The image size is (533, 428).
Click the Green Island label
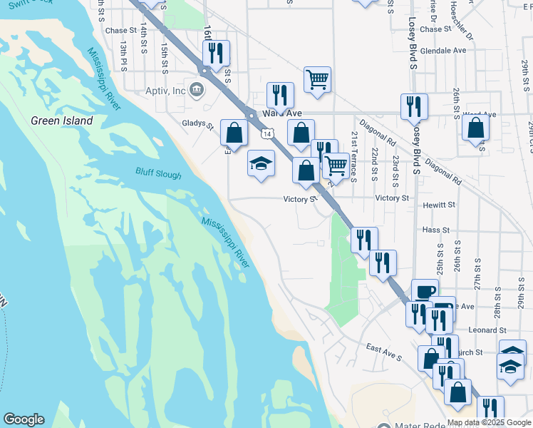61,121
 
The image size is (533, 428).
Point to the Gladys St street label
197,123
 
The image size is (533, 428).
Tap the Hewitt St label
438,205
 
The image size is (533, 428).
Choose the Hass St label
436,230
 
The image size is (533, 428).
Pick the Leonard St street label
488,330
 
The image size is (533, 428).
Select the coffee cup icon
425,291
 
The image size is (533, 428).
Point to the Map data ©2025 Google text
488,422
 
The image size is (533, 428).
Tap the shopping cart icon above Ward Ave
317,78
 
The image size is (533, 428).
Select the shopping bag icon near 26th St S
475,128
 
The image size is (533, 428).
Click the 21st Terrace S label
353,156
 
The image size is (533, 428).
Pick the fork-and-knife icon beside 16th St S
215,53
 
